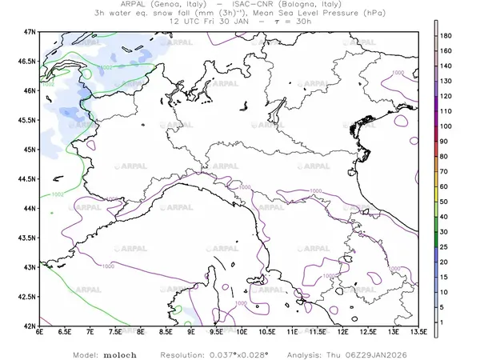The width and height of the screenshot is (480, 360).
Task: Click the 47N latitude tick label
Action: point(30,32)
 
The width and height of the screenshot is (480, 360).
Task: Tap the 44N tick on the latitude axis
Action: point(30,208)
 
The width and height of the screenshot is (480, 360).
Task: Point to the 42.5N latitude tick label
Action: point(28,297)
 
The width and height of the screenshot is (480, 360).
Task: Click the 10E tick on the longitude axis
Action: point(242,332)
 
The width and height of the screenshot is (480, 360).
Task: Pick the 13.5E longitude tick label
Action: point(418,332)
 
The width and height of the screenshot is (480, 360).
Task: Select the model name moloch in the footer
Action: point(120,353)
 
